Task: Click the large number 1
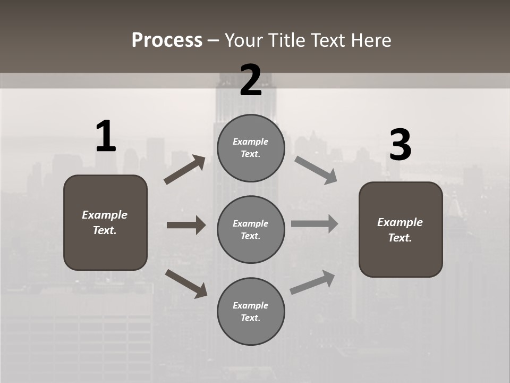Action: click(105, 137)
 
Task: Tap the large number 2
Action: click(251, 80)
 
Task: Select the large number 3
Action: click(400, 145)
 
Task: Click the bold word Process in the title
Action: click(167, 40)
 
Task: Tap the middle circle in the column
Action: click(251, 229)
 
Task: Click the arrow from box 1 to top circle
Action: click(185, 170)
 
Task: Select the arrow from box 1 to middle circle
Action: click(186, 225)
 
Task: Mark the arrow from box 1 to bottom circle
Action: click(186, 284)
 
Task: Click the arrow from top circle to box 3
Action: click(316, 170)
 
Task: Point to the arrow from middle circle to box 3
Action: click(314, 223)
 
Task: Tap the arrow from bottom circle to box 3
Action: click(312, 282)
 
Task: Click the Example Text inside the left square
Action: click(105, 222)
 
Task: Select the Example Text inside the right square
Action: click(401, 230)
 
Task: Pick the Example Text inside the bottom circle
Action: click(251, 311)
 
